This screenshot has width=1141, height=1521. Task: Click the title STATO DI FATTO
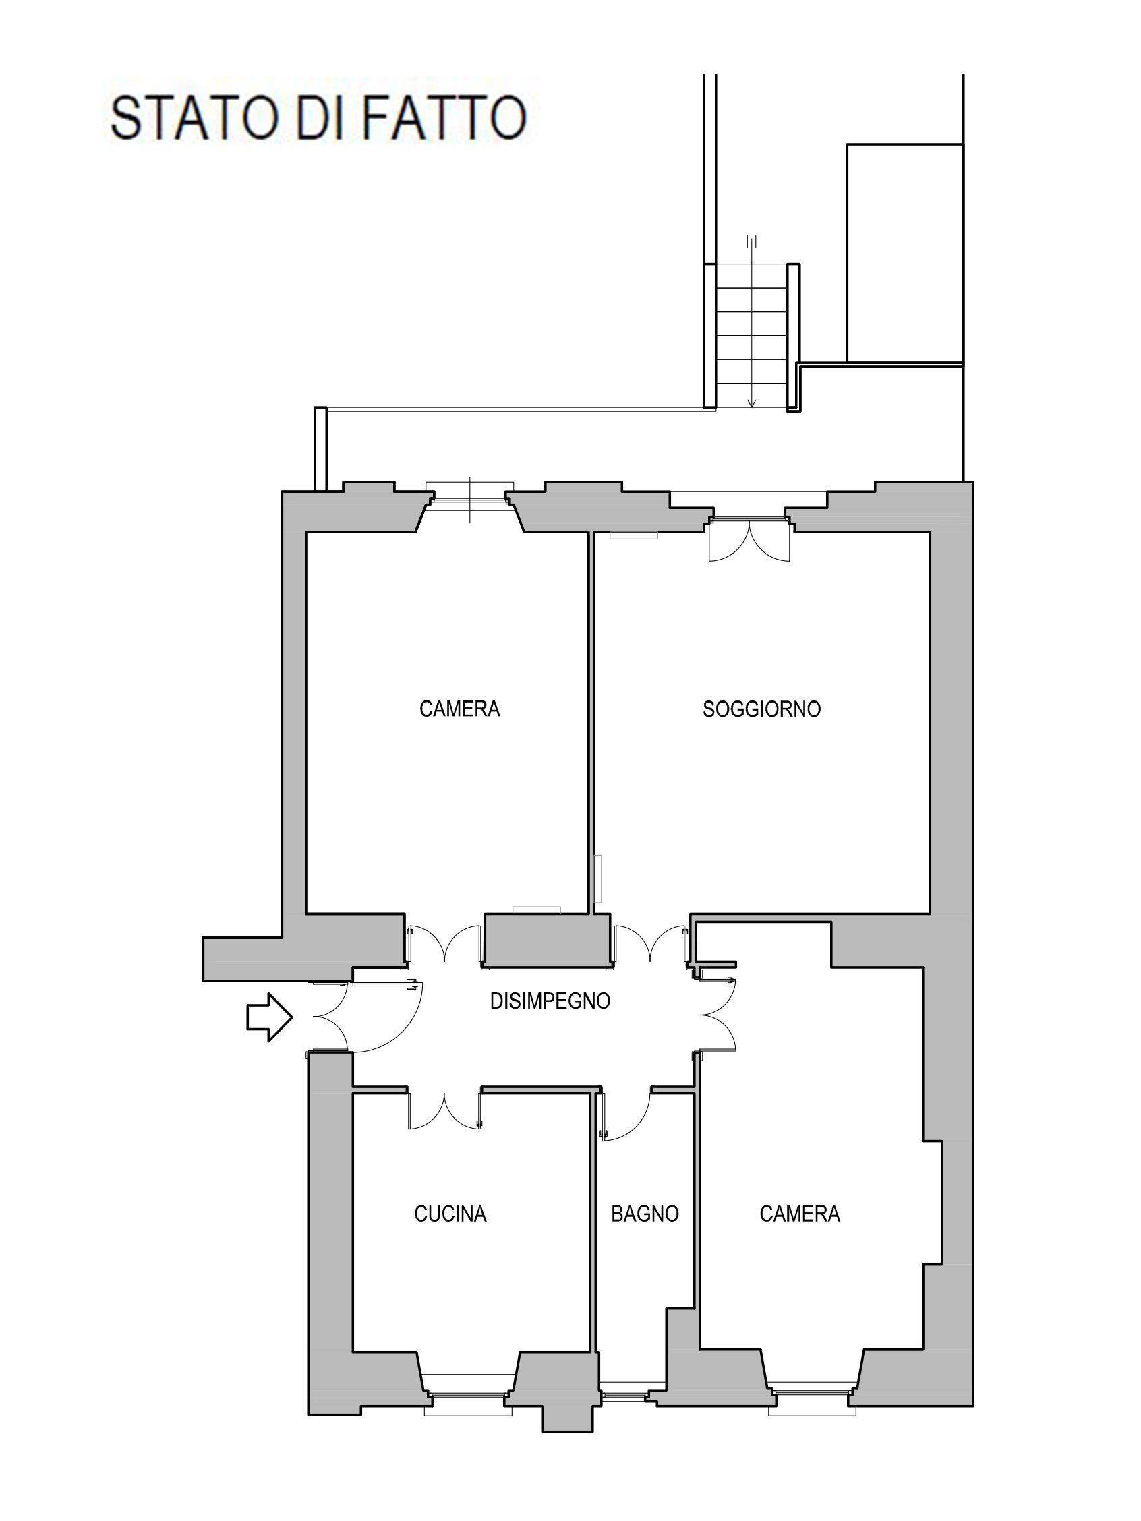(318, 118)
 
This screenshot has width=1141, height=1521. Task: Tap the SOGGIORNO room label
(761, 709)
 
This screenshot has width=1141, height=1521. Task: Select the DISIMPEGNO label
(550, 1001)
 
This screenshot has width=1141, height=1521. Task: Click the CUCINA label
(450, 1214)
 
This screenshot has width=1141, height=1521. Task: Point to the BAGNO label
(645, 1214)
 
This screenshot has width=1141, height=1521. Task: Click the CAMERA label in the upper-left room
(459, 709)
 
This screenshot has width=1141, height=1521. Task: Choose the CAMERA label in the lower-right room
(800, 1214)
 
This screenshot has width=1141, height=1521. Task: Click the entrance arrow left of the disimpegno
(270, 1017)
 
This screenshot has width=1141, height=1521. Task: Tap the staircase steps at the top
(753, 335)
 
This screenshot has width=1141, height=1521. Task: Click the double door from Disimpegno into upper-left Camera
(445, 945)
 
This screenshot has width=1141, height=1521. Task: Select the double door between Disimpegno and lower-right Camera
(717, 1015)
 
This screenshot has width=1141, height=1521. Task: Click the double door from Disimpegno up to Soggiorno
(651, 945)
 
